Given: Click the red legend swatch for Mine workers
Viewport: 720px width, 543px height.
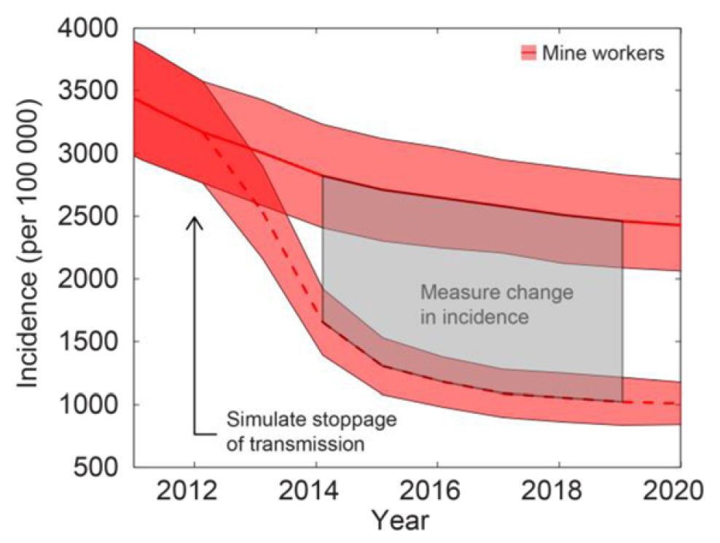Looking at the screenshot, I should (528, 52).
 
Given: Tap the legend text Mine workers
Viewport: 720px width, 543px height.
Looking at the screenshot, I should (603, 53).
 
